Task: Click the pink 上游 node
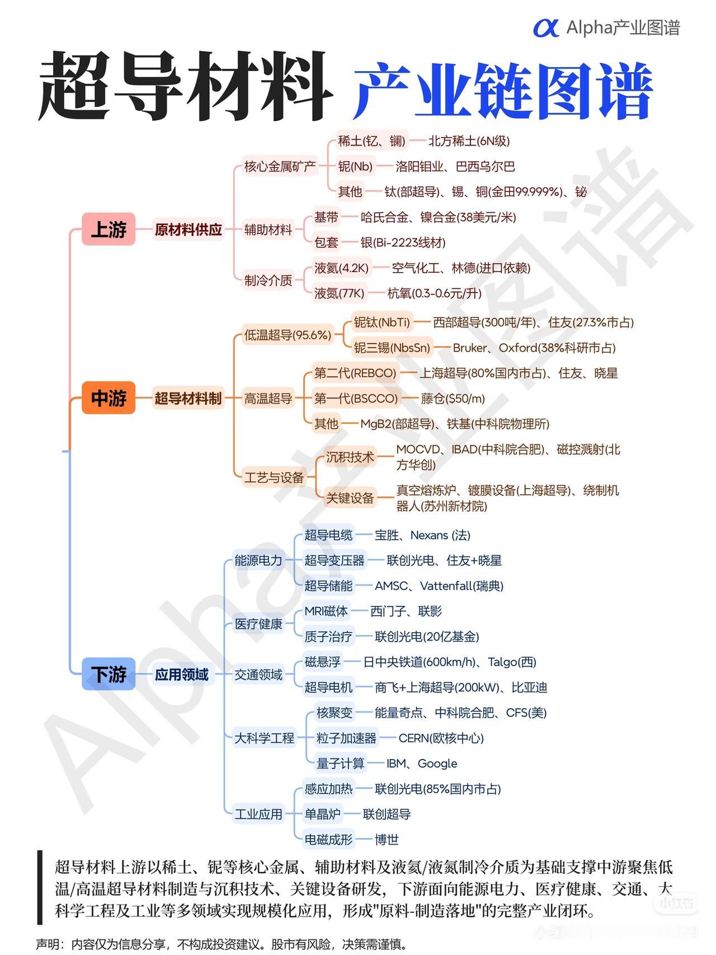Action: (x=109, y=229)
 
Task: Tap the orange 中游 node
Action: (x=109, y=398)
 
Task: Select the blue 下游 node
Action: (x=109, y=674)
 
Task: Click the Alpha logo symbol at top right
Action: (x=545, y=27)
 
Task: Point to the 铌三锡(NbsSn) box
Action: (x=392, y=348)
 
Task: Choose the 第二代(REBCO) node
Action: (x=355, y=373)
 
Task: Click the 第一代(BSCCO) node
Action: (x=356, y=398)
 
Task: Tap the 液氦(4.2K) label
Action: (x=341, y=268)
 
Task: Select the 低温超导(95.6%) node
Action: (x=288, y=335)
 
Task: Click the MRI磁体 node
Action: (x=326, y=611)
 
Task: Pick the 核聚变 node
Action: (x=335, y=713)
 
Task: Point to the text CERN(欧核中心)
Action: (x=441, y=738)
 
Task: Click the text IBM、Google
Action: (x=422, y=764)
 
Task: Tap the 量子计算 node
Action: (x=340, y=764)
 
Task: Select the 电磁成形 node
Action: (x=328, y=839)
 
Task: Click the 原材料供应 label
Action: (x=188, y=230)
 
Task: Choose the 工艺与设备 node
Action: (x=274, y=477)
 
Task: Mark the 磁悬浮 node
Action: (x=322, y=662)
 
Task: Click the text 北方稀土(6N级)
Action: (x=469, y=141)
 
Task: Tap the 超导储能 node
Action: (x=328, y=586)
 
